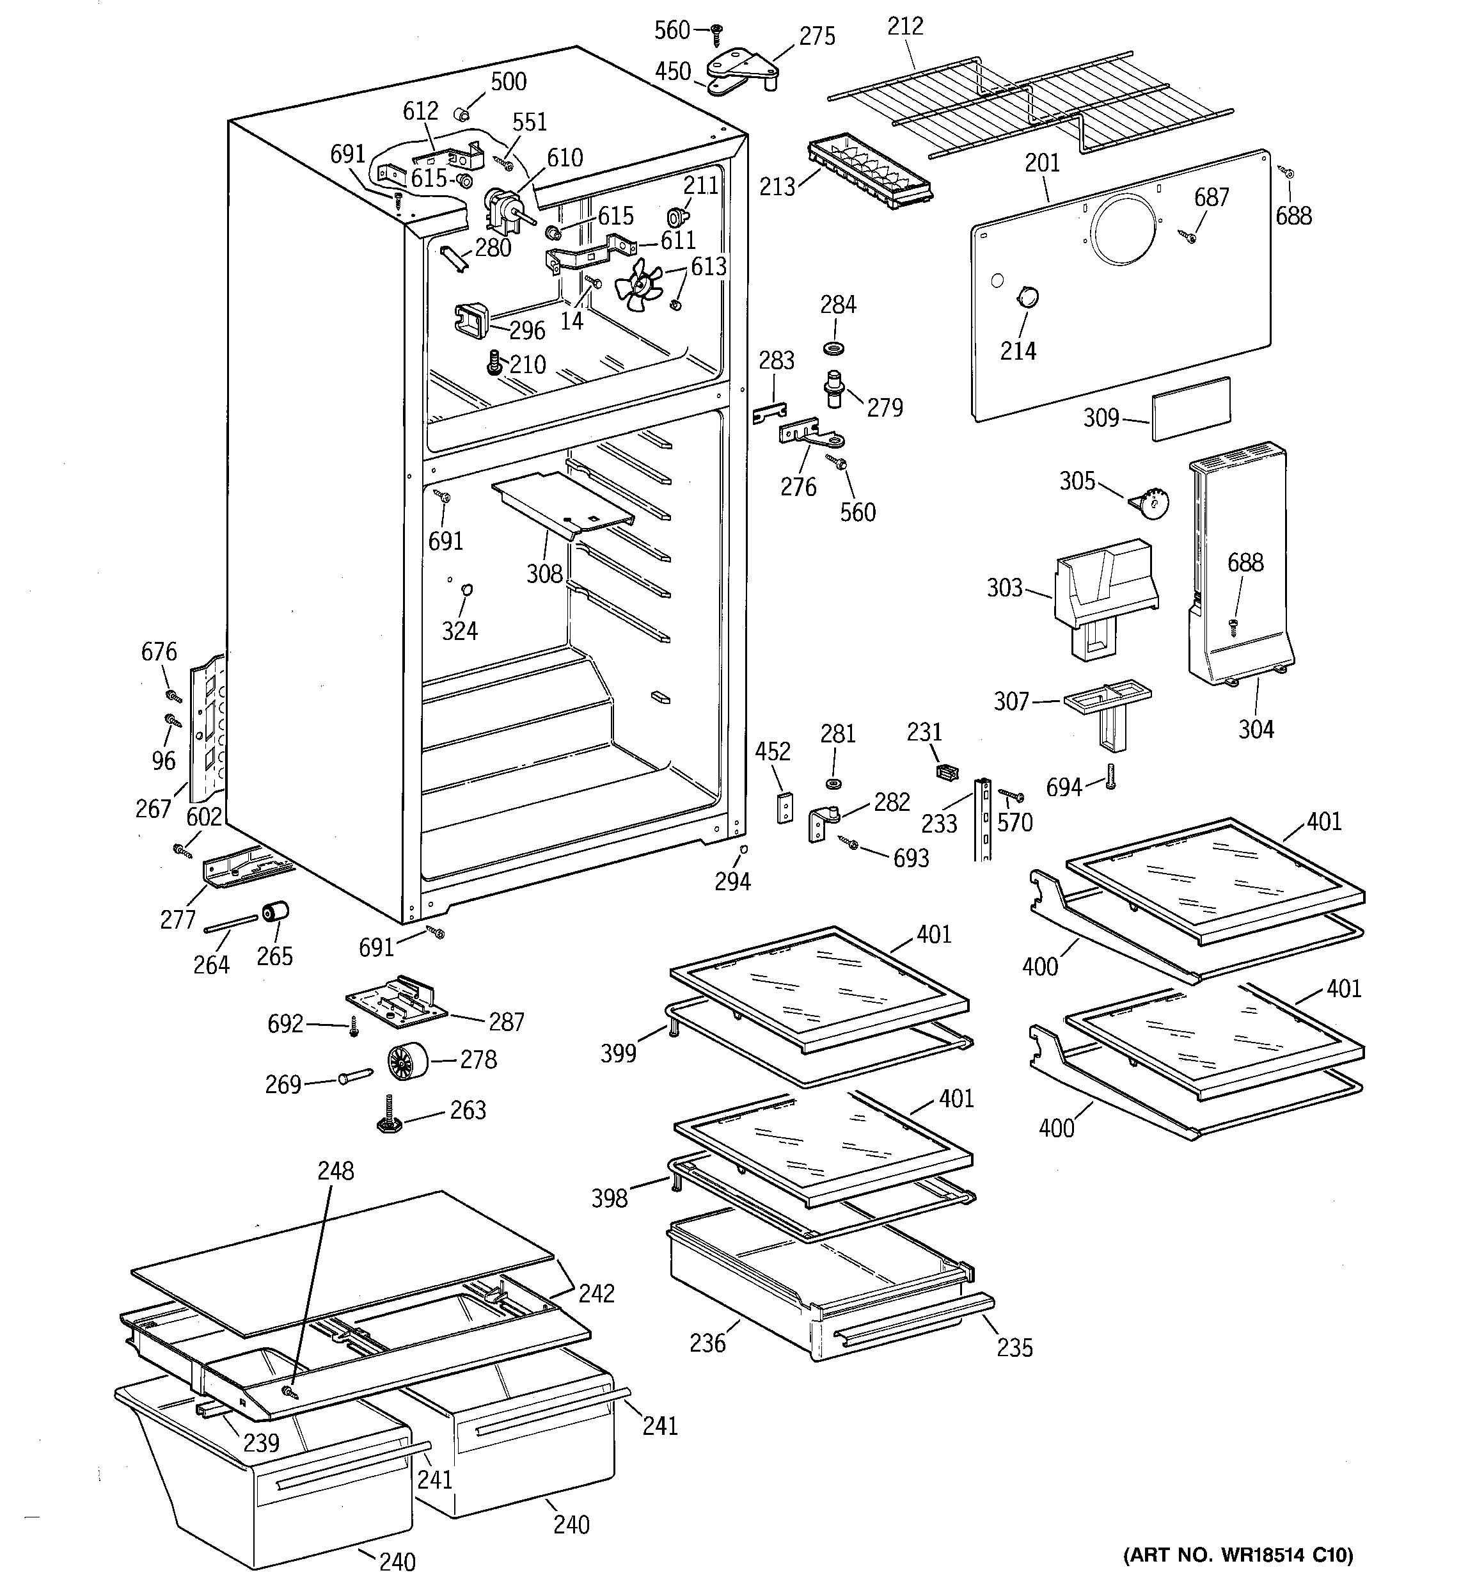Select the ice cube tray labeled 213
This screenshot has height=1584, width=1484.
870,172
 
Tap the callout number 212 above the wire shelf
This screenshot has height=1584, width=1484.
905,26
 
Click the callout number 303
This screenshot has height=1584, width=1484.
1004,588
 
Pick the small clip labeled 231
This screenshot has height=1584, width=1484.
946,772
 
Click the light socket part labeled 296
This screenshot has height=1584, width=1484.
471,320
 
